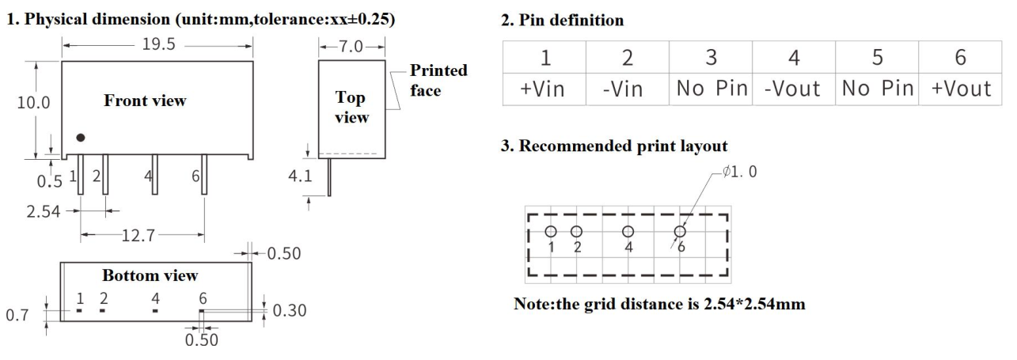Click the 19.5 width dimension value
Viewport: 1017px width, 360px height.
tap(159, 46)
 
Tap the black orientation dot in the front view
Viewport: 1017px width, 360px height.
tap(80, 138)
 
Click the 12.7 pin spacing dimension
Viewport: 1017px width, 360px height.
tap(143, 235)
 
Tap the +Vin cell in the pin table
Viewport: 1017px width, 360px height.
tap(544, 89)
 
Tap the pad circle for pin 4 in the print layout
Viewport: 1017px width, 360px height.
tap(628, 232)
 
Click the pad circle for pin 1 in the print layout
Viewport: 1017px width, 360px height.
tap(551, 232)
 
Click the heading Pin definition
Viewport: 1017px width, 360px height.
tap(563, 21)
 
